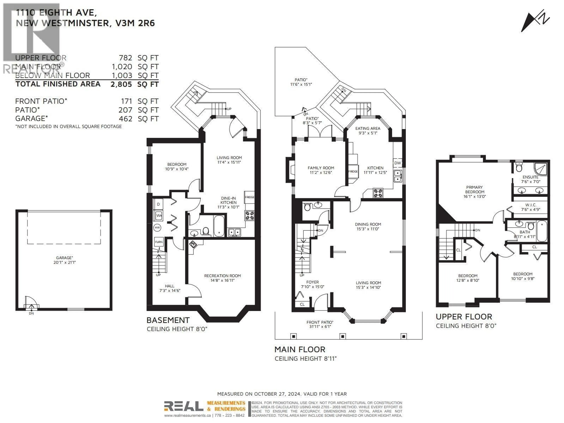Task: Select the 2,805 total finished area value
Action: click(x=121, y=84)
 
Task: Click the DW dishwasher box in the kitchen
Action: click(x=397, y=163)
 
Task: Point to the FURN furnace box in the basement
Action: click(x=159, y=242)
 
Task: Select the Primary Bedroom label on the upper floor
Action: click(x=475, y=192)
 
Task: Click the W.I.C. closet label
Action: click(x=531, y=207)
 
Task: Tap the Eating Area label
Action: click(x=368, y=131)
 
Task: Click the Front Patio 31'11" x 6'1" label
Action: click(x=320, y=324)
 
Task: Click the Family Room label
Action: click(x=321, y=170)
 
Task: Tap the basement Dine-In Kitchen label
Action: click(x=228, y=202)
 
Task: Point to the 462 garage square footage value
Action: click(x=125, y=119)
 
